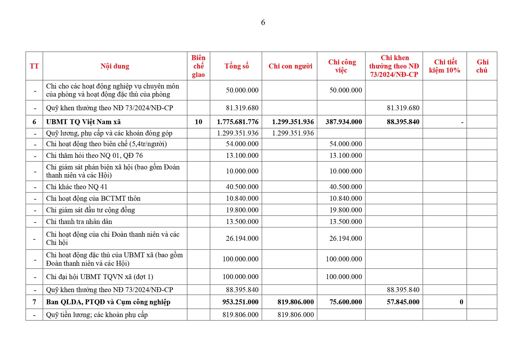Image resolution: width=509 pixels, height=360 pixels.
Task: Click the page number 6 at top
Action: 263,23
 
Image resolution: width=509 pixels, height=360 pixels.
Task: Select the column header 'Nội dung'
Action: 115,66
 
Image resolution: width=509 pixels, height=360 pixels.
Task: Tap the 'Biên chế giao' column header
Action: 198,66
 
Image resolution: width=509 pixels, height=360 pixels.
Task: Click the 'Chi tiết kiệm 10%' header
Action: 445,66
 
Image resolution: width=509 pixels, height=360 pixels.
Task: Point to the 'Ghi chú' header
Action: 482,66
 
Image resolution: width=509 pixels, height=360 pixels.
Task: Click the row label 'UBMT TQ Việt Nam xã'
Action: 83,122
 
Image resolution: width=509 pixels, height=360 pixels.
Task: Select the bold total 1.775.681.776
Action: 238,122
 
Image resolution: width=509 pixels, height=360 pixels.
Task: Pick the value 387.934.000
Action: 344,122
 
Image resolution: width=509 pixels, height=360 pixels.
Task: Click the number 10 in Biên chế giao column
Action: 198,122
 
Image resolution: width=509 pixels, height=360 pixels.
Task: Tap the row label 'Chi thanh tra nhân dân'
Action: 79,222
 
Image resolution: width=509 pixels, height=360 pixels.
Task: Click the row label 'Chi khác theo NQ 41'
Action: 77,187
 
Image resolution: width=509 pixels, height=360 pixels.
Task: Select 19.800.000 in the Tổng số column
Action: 242,210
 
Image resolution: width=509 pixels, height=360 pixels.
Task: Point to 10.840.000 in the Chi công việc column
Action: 345,198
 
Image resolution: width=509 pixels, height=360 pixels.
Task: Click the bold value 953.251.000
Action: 240,302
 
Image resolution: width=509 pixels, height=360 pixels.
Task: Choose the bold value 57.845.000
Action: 403,302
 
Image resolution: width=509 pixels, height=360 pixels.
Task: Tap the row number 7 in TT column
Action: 34,302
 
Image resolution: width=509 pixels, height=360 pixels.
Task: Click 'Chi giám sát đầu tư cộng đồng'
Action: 90,210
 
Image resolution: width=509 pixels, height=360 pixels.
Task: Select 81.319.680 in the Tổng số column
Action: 242,108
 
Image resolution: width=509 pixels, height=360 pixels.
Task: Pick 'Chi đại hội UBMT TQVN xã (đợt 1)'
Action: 99,277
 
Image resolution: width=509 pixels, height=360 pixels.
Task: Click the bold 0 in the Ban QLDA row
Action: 461,302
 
